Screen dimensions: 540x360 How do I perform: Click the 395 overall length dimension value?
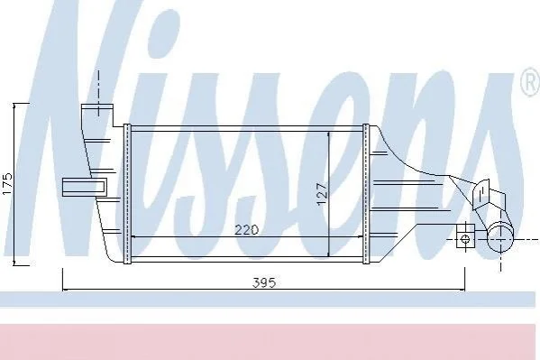point(264,282)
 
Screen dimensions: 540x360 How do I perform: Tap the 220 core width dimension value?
point(246,230)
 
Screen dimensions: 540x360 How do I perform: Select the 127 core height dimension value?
point(322,194)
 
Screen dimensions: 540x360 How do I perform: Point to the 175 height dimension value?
point(7,184)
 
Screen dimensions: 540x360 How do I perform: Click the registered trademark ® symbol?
point(530,82)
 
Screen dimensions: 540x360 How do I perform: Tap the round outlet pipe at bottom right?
point(500,236)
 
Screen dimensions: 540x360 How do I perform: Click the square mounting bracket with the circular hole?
point(465,235)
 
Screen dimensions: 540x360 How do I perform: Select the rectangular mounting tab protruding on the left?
point(85,188)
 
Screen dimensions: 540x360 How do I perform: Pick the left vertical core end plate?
point(127,194)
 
